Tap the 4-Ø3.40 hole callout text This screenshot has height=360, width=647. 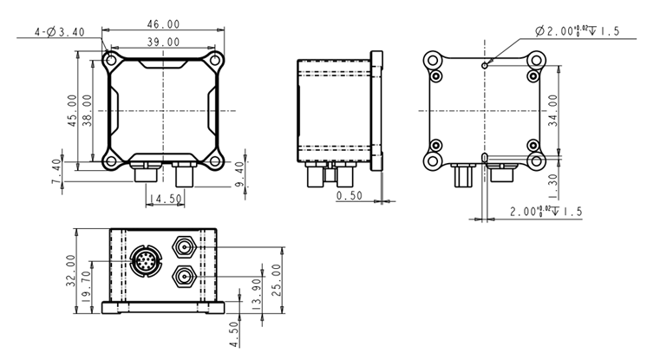coord(62,32)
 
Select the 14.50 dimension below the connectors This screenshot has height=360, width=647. coord(165,200)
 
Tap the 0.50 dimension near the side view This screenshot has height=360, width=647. coord(350,196)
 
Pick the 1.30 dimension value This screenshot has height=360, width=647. coord(555,183)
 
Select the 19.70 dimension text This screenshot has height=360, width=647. coord(87,282)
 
